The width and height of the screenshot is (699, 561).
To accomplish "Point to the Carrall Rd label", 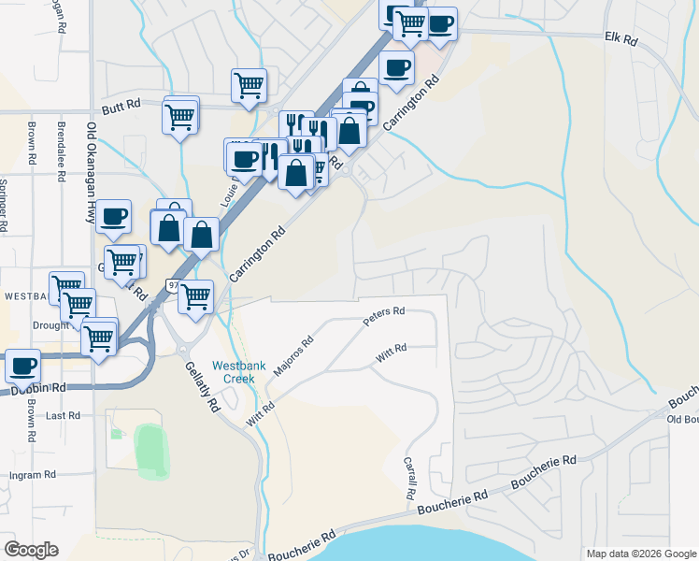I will coord(409,477).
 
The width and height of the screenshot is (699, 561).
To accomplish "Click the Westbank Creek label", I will coord(235,372).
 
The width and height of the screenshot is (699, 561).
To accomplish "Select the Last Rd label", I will coord(64,415).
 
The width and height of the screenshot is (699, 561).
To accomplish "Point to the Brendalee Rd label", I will coord(61,140).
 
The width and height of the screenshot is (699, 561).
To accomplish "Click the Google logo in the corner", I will coord(31,550).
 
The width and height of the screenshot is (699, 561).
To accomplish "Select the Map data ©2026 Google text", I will coord(641,554).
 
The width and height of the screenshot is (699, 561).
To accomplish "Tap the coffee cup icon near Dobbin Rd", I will coord(22,365).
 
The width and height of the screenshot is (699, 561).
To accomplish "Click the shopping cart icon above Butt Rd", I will coord(250,84).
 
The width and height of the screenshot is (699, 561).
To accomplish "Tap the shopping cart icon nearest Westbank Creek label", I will coord(195,296).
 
